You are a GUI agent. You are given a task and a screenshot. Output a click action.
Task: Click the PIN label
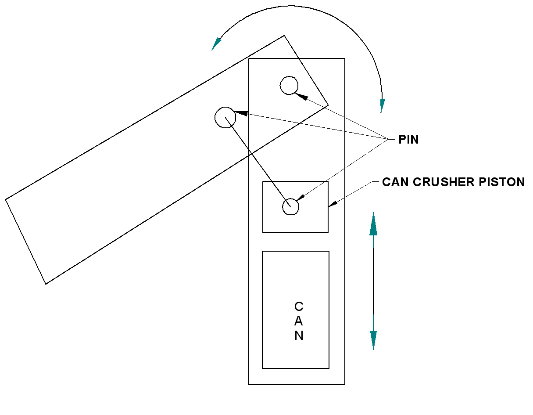point(408,140)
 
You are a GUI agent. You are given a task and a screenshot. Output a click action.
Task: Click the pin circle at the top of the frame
point(289,85)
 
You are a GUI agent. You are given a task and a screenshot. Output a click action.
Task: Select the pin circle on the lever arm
point(225,117)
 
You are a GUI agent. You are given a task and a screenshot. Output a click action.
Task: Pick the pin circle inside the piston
point(290,206)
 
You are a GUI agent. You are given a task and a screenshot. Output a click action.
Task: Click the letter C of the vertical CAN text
point(298,306)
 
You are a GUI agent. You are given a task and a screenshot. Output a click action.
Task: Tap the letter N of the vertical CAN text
point(298,336)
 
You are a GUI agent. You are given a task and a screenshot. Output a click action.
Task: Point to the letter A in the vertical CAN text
point(298,321)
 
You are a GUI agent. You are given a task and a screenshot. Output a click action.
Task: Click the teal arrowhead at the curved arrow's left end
point(216,44)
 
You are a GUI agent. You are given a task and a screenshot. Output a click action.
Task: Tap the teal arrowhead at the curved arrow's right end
point(382,105)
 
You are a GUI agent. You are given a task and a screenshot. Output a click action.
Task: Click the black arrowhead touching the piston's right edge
point(333,203)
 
